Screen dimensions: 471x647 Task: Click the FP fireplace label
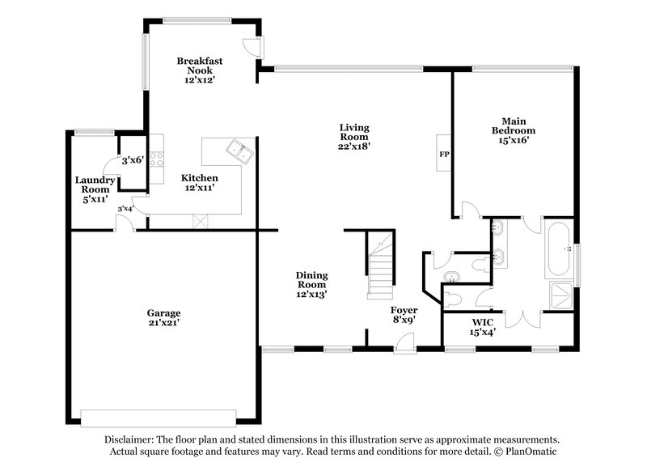pos(443,154)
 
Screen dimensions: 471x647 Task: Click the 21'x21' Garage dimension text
pos(163,322)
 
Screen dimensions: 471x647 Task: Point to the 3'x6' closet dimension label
pos(132,160)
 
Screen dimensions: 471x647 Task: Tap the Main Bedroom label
pos(514,125)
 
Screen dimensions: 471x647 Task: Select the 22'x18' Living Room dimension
pos(354,146)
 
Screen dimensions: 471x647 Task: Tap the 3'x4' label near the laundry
pos(125,209)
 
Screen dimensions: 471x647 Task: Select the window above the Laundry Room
pos(94,132)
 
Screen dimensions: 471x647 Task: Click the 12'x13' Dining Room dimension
pos(311,295)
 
